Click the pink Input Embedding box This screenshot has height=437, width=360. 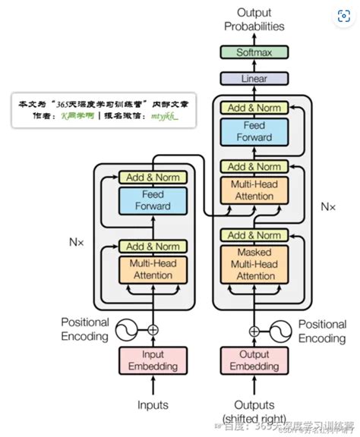click(152, 360)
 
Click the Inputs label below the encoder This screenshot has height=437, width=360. click(152, 405)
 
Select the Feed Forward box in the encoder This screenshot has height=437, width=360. click(152, 200)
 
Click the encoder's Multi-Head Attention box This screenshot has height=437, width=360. click(152, 269)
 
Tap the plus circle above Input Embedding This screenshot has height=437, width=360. click(153, 329)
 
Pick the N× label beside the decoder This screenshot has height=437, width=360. click(327, 206)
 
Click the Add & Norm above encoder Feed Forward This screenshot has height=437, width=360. click(152, 177)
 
